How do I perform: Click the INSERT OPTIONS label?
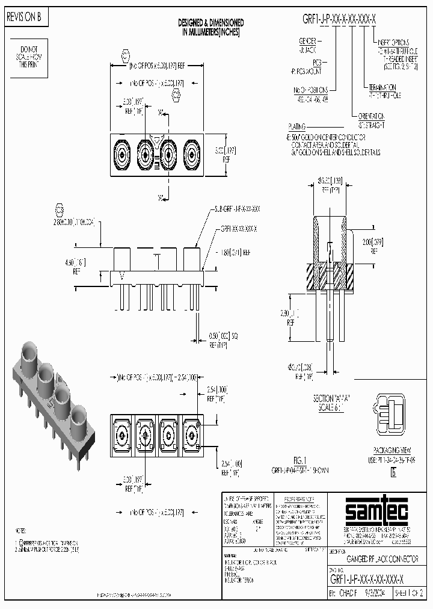(394, 43)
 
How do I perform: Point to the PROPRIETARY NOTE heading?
(299, 499)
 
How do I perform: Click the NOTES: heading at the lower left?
(20, 531)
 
